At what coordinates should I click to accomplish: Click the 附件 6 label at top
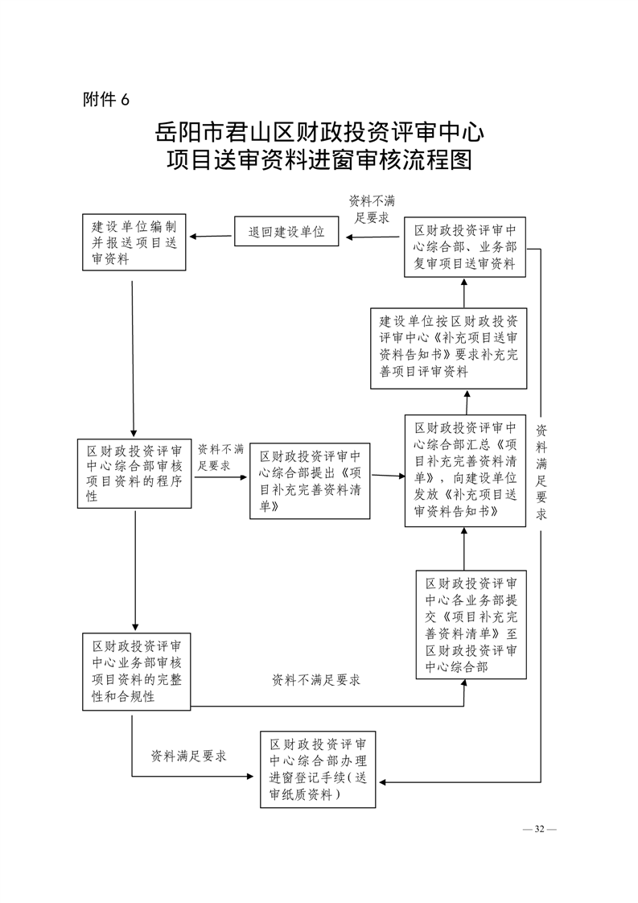click(x=106, y=100)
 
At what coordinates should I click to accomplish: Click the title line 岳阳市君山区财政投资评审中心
click(x=319, y=132)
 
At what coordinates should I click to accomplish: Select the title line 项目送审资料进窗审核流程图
click(x=319, y=159)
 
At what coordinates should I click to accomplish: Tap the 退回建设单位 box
click(x=286, y=232)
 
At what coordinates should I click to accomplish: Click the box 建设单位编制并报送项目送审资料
click(x=134, y=242)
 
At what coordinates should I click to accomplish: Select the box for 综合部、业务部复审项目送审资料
click(x=465, y=247)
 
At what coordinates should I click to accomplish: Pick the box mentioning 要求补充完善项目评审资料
click(x=449, y=348)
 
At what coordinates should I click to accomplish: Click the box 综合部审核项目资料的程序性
click(x=134, y=473)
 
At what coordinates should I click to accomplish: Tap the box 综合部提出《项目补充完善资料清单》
click(x=310, y=480)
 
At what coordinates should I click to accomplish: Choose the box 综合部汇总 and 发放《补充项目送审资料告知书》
click(x=465, y=471)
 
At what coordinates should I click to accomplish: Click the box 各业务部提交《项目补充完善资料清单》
click(x=471, y=625)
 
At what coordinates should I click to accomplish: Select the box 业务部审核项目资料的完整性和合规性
click(x=137, y=671)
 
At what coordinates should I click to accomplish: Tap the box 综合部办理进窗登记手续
click(x=318, y=769)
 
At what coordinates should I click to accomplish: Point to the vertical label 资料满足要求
click(x=541, y=472)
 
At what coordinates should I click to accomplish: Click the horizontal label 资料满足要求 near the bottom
click(x=189, y=757)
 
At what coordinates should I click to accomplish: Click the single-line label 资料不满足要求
click(x=316, y=680)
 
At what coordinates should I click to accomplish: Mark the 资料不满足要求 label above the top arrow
click(x=372, y=209)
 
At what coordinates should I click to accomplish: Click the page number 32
click(x=540, y=829)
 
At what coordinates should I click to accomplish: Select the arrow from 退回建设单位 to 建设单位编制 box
click(x=211, y=236)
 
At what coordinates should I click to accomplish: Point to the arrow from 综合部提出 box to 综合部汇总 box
click(x=388, y=476)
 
